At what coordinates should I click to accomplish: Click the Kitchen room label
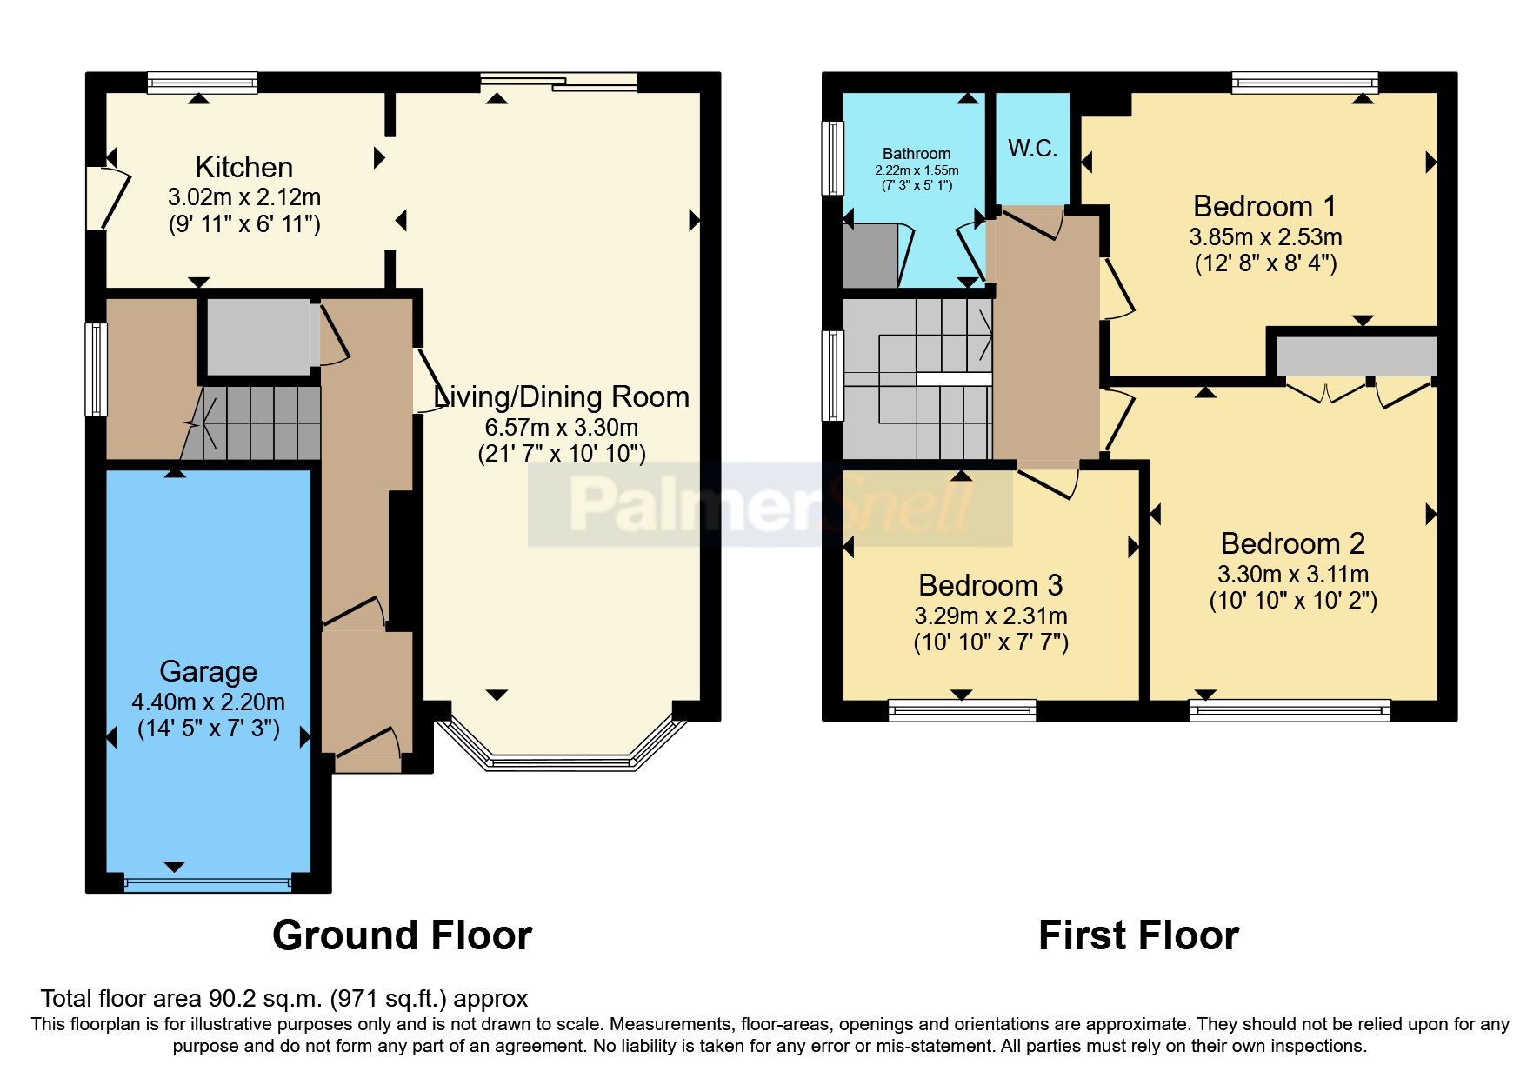[x=243, y=167]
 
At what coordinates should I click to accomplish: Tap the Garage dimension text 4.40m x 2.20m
[x=208, y=702]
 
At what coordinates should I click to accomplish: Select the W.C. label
[x=1032, y=148]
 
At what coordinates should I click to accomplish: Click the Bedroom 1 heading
[x=1264, y=206]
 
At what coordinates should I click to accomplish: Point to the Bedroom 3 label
[x=990, y=585]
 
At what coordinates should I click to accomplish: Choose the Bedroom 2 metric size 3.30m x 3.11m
[x=1293, y=574]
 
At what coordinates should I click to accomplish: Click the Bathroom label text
[x=917, y=153]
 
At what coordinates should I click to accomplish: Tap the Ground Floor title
[x=402, y=935]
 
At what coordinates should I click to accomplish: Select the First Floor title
[x=1138, y=935]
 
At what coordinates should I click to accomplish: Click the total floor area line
[x=284, y=999]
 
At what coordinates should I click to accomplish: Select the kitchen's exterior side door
[x=106, y=197]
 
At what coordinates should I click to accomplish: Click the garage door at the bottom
[x=208, y=883]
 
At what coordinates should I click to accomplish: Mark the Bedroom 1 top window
[x=1304, y=83]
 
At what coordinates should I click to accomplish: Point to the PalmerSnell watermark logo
[x=770, y=505]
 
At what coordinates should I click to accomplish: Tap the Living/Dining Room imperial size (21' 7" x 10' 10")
[x=562, y=454]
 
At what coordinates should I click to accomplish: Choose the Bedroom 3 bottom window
[x=962, y=710]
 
